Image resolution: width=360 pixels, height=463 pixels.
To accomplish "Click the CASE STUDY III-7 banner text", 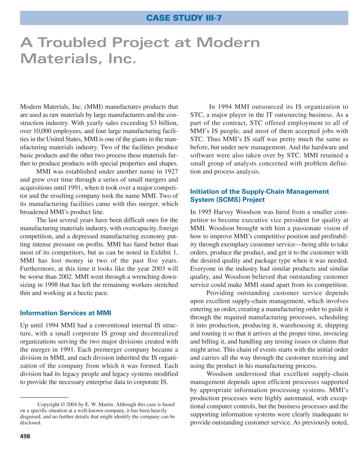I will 184,18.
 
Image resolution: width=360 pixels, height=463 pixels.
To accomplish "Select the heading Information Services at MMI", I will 65,313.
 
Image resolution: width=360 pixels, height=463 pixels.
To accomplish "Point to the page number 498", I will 25,436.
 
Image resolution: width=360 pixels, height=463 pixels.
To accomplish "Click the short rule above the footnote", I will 44,397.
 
